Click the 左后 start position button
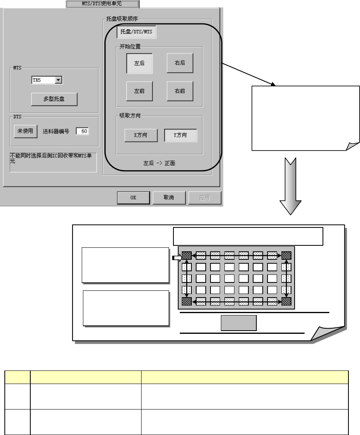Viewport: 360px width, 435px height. point(140,63)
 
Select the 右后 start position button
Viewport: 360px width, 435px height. point(180,63)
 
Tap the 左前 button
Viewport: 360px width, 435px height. point(140,91)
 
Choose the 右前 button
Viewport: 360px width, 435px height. point(180,91)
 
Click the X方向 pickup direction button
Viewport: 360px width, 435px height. point(140,135)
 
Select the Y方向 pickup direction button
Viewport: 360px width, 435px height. point(181,135)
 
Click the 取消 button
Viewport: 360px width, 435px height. point(169,198)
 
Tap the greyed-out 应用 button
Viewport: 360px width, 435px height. point(205,198)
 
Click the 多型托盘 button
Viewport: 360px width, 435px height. point(54,99)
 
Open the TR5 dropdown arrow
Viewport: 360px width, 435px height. point(58,80)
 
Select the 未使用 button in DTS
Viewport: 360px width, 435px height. point(26,131)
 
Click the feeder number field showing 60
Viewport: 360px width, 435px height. point(83,131)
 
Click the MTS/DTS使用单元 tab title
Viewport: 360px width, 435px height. point(102,4)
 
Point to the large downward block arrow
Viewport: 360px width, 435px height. point(290,185)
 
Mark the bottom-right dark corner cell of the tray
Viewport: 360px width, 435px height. point(286,301)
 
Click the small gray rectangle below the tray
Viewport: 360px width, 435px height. point(238,323)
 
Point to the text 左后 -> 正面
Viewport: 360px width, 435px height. point(159,163)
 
